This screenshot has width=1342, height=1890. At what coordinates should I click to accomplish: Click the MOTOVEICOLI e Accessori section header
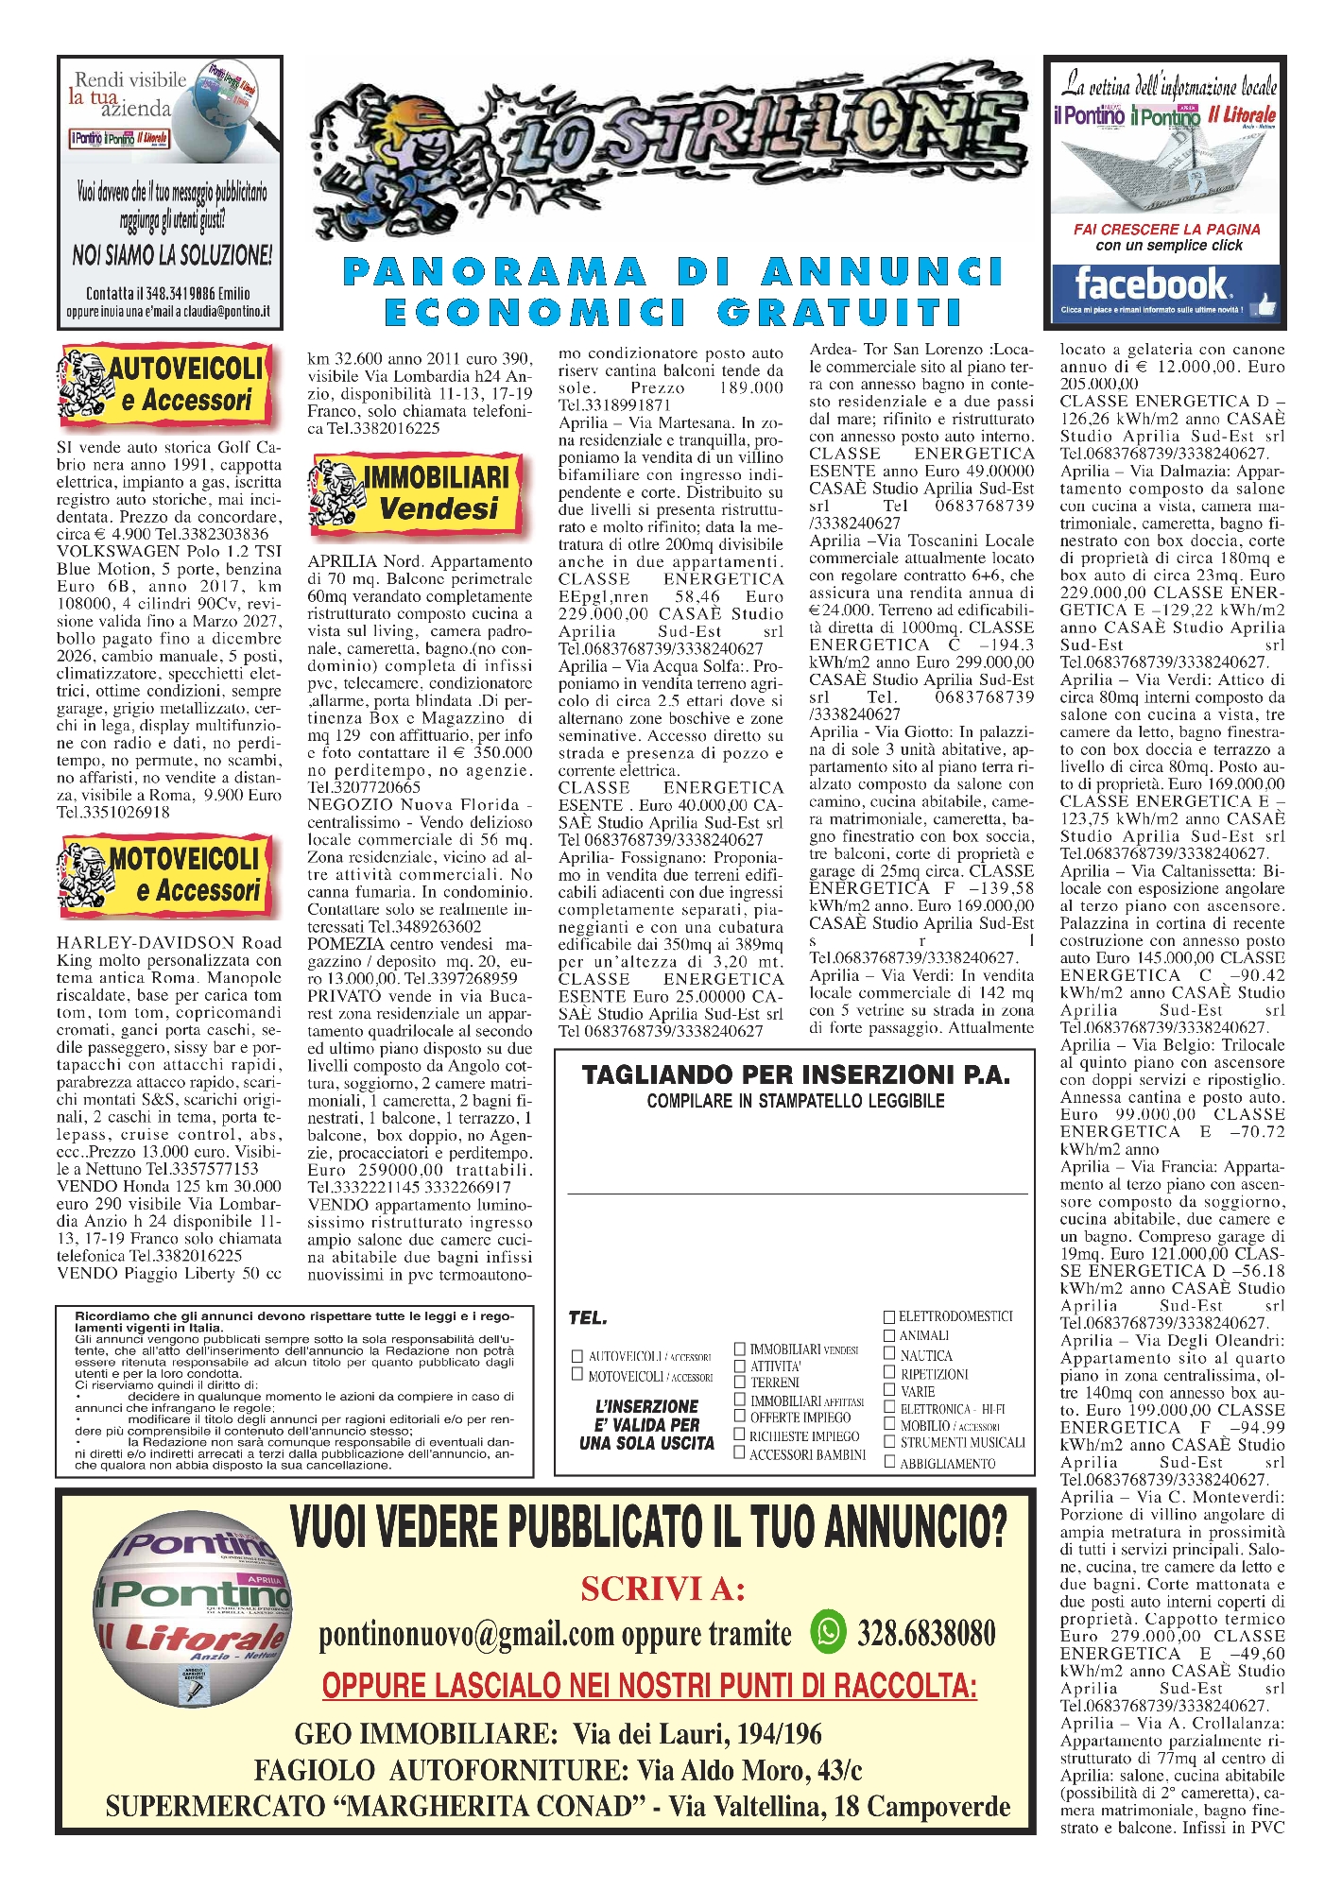[166, 875]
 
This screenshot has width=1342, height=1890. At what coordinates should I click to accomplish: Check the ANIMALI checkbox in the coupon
[889, 1335]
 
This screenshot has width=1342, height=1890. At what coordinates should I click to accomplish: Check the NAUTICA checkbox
[889, 1354]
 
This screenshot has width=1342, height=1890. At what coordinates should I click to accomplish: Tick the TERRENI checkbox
[740, 1382]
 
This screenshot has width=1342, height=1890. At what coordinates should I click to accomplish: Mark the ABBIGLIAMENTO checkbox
[889, 1462]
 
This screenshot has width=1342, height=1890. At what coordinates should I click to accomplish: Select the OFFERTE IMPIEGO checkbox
[740, 1417]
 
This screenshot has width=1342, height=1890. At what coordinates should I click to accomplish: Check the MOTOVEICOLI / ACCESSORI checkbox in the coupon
[577, 1376]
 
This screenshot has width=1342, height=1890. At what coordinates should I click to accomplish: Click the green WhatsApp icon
[829, 1631]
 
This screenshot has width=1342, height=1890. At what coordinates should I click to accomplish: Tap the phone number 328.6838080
[926, 1633]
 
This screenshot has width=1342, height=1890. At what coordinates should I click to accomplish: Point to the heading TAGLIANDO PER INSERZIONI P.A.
[796, 1075]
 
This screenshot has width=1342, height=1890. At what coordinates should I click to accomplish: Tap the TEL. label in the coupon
[588, 1318]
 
